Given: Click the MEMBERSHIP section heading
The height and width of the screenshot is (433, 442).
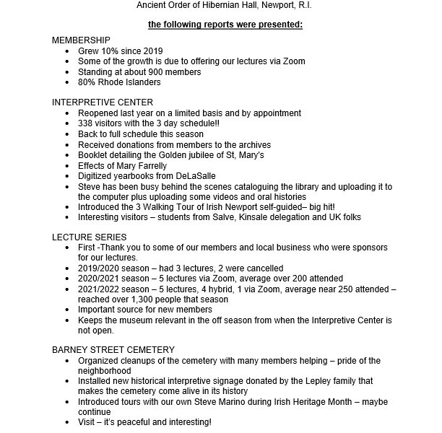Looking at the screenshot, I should point(82,41).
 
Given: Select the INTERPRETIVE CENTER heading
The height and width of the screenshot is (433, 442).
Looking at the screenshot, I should point(103,102).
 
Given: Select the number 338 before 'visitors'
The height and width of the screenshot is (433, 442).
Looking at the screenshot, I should point(86,123).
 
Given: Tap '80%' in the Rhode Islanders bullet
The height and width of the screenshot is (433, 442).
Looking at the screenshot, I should point(87,82).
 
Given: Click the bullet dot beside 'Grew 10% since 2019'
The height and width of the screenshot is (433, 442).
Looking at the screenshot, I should point(68,52).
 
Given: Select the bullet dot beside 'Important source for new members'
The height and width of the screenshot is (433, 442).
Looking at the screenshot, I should point(68,309).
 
